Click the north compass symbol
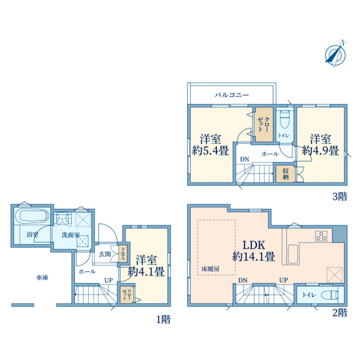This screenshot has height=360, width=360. (335, 55)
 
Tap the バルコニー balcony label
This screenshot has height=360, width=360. (232, 95)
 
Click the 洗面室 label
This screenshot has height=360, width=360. (71, 235)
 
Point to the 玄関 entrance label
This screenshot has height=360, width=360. (105, 254)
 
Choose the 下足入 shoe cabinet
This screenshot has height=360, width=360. (122, 253)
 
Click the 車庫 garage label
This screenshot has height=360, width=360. (42, 278)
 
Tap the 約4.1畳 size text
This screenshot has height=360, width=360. (146, 272)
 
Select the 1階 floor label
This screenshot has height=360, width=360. (163, 319)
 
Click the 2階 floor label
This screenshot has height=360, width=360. (340, 313)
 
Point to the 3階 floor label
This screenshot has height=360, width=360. (340, 197)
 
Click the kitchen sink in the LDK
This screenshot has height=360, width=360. (293, 254)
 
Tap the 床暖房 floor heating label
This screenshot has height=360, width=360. (211, 269)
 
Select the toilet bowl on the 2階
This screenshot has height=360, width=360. (329, 295)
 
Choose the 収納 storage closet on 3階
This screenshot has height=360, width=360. (285, 174)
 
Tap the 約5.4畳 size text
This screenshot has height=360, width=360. (211, 151)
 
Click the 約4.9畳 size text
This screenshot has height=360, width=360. (320, 151)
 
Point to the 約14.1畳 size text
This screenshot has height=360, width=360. (254, 256)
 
